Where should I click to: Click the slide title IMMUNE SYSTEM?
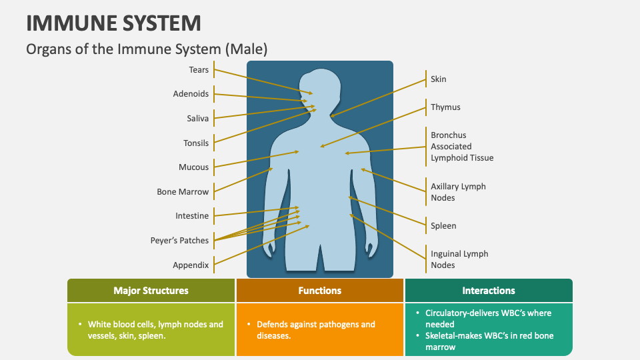[x=113, y=23]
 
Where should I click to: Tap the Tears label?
[x=199, y=70]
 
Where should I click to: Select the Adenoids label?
[x=191, y=94]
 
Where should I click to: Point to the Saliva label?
[x=197, y=119]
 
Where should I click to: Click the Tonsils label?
[x=196, y=143]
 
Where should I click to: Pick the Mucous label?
[x=193, y=167]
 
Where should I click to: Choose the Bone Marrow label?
[x=183, y=192]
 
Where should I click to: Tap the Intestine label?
[x=192, y=216]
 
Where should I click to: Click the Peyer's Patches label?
[x=179, y=241]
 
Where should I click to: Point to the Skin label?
[x=439, y=79]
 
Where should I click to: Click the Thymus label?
[x=445, y=107]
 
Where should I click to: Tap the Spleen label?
[x=443, y=226]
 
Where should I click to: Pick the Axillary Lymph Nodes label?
[x=458, y=192]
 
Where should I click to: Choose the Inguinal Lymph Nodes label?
[x=459, y=259]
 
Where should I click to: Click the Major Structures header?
[x=151, y=291]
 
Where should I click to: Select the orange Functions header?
[x=320, y=291]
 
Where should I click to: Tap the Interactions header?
[x=489, y=291]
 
